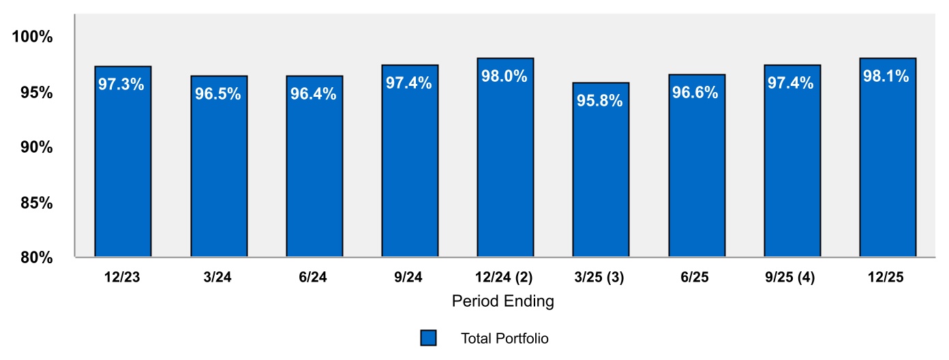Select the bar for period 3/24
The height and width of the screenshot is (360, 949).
click(219, 166)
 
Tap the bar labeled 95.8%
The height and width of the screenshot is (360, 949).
click(601, 170)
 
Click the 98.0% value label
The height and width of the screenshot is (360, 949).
click(504, 76)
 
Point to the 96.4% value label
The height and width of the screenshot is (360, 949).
click(314, 94)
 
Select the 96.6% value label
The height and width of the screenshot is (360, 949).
click(695, 93)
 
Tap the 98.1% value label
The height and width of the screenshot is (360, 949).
click(886, 76)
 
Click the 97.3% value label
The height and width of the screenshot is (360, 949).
click(121, 85)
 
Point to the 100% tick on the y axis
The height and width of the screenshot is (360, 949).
click(33, 37)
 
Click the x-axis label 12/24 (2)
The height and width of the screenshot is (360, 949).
click(504, 277)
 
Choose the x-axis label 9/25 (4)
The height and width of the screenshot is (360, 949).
click(791, 277)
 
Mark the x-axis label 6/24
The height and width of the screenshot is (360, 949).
click(314, 277)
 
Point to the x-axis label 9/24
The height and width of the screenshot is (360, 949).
click(409, 277)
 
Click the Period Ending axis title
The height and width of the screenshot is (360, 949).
click(503, 301)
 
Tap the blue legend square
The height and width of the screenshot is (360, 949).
click(428, 338)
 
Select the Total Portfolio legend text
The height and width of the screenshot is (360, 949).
click(504, 338)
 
